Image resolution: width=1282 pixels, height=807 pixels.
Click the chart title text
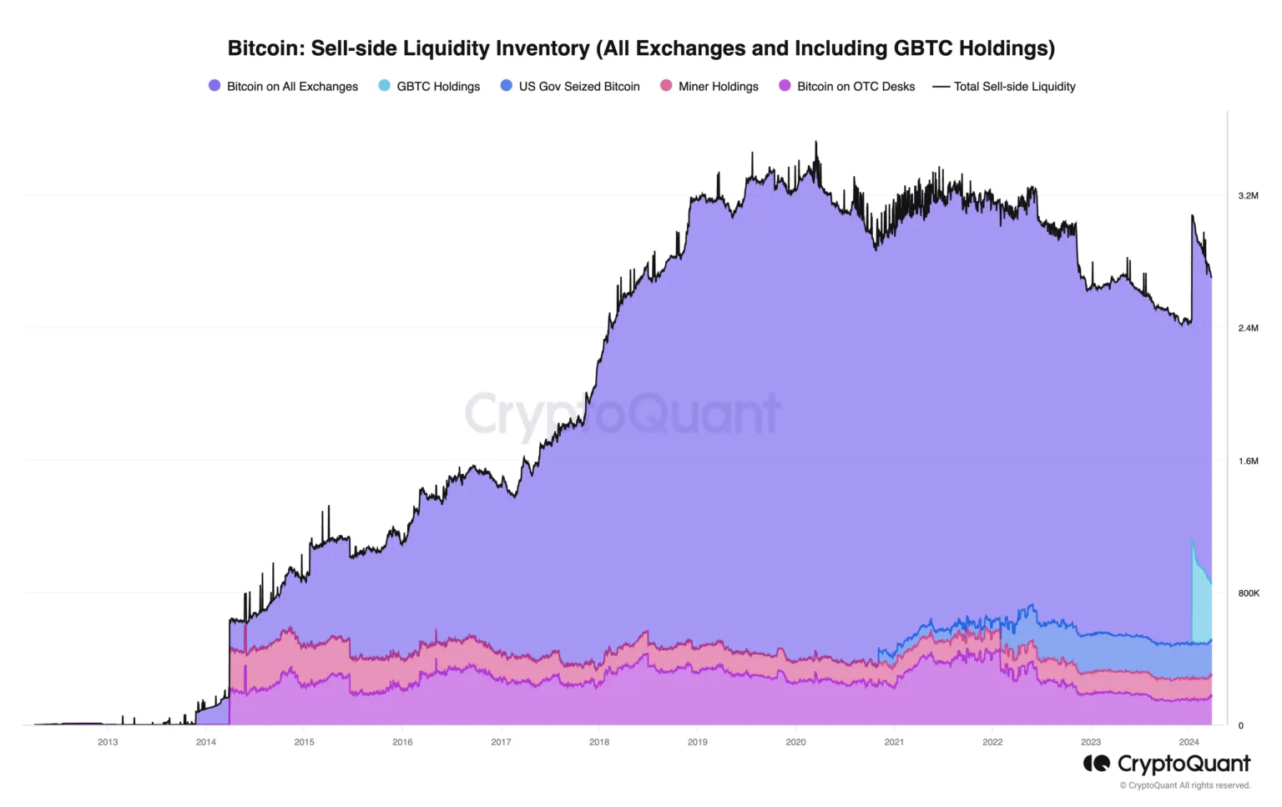point(641,48)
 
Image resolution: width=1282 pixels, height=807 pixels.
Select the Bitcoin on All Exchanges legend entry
point(283,86)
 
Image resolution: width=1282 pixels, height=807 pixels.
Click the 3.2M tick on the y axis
point(1248,195)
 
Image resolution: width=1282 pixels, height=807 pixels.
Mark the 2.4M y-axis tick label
point(1248,328)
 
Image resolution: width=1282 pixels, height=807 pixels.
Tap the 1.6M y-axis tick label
point(1248,461)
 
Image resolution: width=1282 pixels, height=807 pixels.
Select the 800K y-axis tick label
point(1248,593)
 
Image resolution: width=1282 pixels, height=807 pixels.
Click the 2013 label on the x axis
point(108,742)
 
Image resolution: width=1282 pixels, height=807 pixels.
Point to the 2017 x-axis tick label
point(501,742)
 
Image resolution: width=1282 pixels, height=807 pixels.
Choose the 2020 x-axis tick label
point(795,742)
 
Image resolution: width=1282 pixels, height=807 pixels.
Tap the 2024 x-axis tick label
point(1189,742)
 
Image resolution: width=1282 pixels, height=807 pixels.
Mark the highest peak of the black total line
point(816,143)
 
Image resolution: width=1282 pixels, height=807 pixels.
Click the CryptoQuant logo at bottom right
point(1167,764)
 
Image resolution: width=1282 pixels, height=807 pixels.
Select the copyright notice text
point(1185,785)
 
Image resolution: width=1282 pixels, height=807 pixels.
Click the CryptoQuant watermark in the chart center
point(622,414)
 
